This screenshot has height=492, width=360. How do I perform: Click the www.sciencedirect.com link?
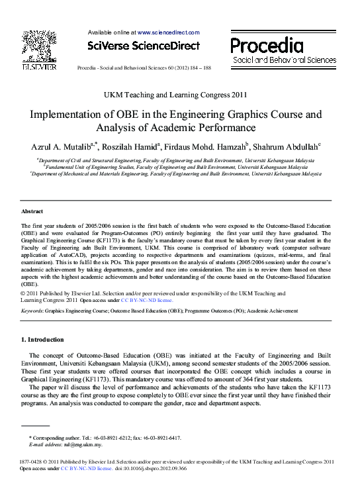(x=168, y=32)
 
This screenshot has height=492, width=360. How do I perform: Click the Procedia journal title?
(x=267, y=46)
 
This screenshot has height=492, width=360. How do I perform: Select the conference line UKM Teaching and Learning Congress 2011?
(x=176, y=95)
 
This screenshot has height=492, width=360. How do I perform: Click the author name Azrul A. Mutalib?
(x=62, y=146)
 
